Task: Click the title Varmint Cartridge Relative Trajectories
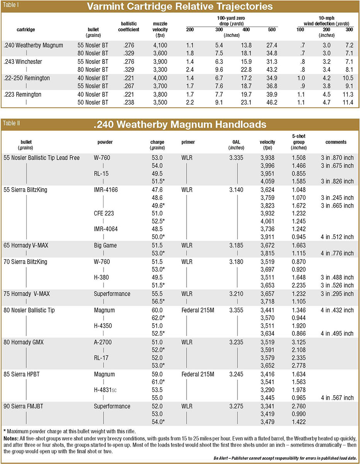(180, 7)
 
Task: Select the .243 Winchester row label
(23, 61)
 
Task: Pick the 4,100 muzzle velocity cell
(160, 45)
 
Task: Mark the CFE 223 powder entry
(104, 213)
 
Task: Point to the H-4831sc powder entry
(105, 390)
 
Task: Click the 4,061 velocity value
(267, 222)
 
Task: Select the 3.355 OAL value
(237, 310)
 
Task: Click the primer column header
(188, 142)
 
